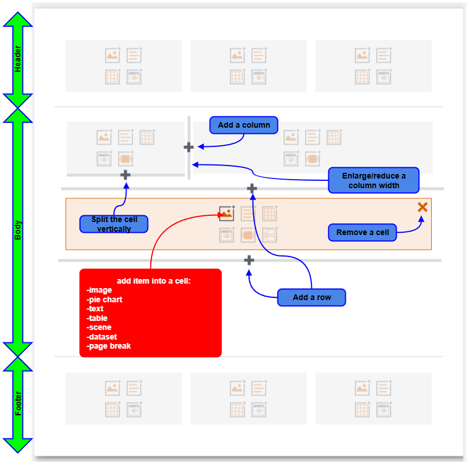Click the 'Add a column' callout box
[244, 125]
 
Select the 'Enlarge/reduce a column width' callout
[374, 181]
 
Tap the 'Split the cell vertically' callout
[114, 224]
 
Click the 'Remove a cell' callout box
[362, 232]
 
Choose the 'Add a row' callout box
[311, 297]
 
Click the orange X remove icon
[422, 207]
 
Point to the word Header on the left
[18, 59]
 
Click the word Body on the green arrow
[18, 231]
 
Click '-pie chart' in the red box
[105, 299]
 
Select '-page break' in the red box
[108, 346]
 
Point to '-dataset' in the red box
[102, 337]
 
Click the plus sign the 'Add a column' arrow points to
[189, 147]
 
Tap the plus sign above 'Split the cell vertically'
[125, 175]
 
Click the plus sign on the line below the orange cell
[249, 260]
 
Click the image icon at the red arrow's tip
[227, 213]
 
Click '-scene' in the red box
[99, 327]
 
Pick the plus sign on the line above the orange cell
[252, 188]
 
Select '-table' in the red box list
[97, 318]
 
